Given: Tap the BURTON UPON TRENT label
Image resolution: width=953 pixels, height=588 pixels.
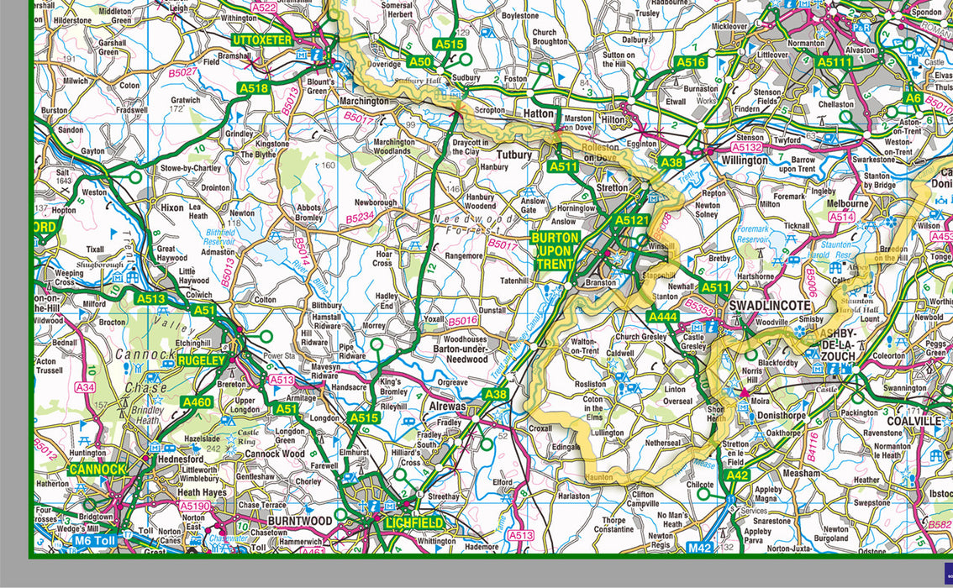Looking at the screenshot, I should pos(555,251).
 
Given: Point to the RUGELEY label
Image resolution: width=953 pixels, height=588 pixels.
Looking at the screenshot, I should pos(201,360).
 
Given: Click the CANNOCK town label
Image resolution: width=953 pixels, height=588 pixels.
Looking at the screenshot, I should pos(97,469).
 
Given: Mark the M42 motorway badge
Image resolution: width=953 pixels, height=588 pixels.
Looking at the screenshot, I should pos(699,548).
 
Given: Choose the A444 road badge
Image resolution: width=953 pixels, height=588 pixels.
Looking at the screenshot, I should pos(662,317).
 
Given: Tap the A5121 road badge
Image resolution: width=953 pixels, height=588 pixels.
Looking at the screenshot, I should pos(632,220).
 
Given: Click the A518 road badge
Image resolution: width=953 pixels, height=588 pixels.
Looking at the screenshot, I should pos(253,87).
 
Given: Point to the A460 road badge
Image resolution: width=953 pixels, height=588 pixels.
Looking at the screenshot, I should pos(197,402).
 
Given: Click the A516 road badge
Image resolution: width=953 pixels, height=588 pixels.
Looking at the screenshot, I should pos(690,62).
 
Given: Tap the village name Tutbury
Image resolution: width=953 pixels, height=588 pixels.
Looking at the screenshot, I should pos(514,155).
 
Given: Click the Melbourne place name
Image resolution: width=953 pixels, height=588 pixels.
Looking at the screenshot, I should pos(848,203).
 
